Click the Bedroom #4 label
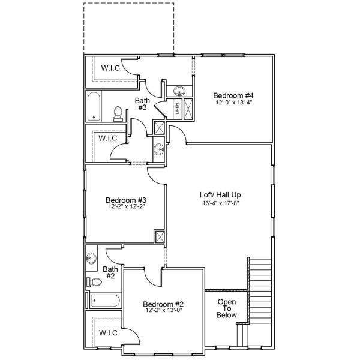[x=233, y=95]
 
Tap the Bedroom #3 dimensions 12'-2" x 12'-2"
[x=126, y=206]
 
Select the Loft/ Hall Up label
[x=220, y=195]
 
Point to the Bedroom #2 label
[x=163, y=304]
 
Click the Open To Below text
[x=227, y=308]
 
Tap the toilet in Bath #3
[x=118, y=113]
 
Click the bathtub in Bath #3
[x=94, y=106]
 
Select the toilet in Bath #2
[x=94, y=282]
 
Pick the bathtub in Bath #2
[x=106, y=301]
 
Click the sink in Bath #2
[x=91, y=258]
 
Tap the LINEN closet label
[x=177, y=109]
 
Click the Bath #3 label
[x=142, y=104]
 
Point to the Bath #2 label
[x=110, y=272]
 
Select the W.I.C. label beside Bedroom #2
[x=108, y=332]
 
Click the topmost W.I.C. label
[x=112, y=68]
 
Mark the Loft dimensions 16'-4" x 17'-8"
[x=221, y=203]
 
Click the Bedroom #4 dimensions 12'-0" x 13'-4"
[x=234, y=103]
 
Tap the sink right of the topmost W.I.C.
[x=179, y=91]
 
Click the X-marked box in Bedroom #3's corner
[x=160, y=237]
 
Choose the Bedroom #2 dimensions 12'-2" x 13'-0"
[x=164, y=311]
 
